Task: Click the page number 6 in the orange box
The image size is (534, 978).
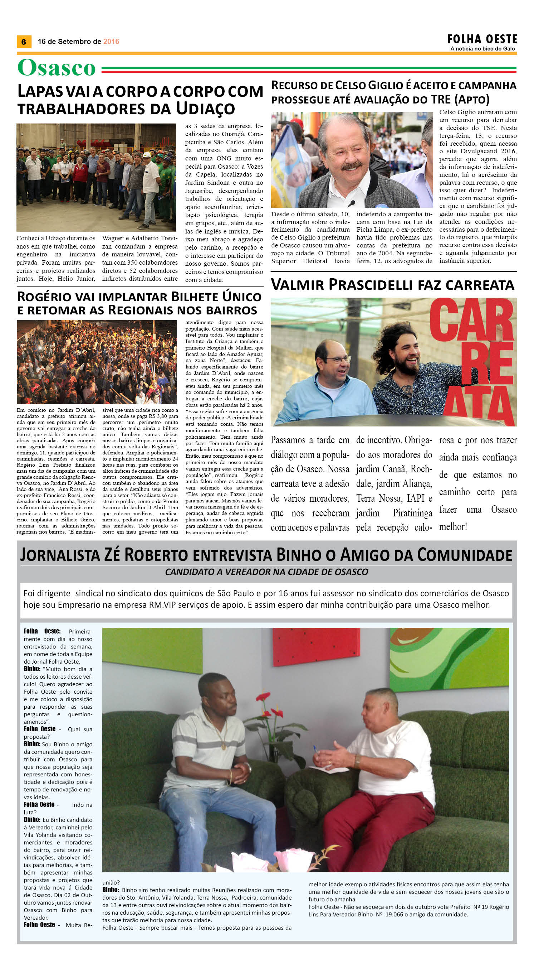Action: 24,42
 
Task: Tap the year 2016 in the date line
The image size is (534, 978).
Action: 111,42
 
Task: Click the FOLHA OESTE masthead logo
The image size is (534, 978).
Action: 482,39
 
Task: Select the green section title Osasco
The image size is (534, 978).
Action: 56,68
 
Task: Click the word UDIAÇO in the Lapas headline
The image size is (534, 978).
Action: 205,109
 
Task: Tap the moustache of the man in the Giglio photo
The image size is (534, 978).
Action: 351,166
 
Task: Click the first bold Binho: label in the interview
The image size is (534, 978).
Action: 32,669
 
